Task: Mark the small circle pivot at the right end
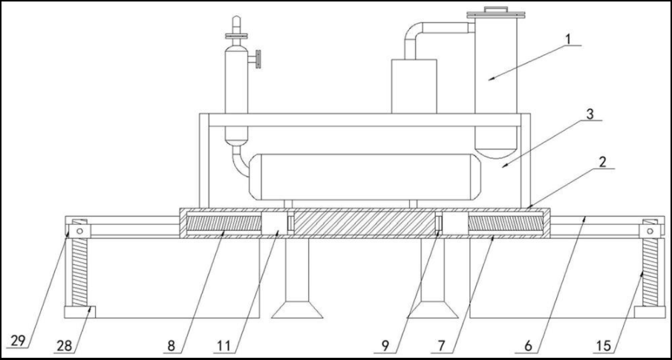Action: tap(651, 231)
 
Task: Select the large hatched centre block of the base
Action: tap(365, 223)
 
